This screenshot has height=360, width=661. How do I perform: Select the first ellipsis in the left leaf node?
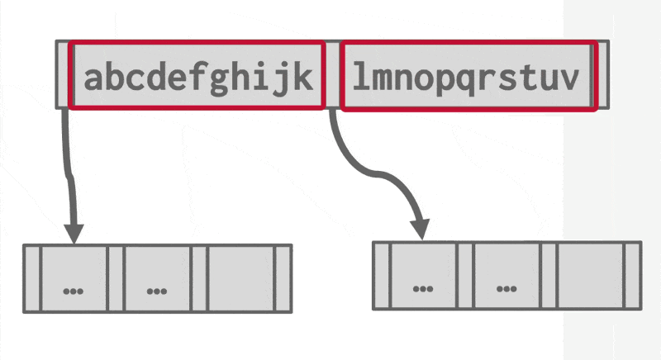coord(73,291)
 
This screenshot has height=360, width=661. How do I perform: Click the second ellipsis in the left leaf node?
coord(157,291)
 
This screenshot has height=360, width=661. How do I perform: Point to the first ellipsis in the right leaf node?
coord(423,288)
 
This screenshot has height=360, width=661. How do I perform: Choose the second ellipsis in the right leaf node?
coord(506,288)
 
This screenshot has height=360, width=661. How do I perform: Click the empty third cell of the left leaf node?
coord(240,278)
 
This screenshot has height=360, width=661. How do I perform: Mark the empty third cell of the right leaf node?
coord(590,275)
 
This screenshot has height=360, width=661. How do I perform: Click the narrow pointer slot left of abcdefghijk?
coord(62,74)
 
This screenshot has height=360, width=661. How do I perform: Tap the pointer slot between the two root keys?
coord(332,74)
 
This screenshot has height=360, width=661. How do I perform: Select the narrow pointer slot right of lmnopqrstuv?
coord(602,74)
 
